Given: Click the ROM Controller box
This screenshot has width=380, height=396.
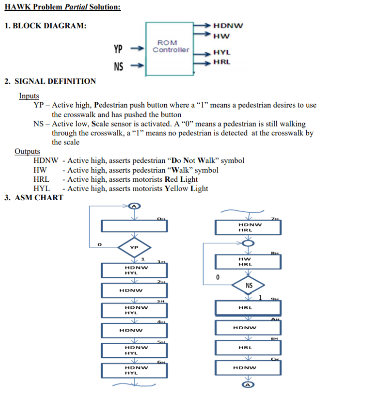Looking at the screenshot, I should (x=171, y=46).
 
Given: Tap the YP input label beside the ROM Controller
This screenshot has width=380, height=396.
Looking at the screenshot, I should (x=118, y=49).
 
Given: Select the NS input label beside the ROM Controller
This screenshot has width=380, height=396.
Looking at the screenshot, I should (x=118, y=66).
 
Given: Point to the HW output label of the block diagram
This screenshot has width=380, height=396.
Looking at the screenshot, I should (x=221, y=35).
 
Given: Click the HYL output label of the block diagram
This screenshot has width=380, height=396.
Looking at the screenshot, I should (x=222, y=52).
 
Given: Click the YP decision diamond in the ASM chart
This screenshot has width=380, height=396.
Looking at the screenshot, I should (x=134, y=247).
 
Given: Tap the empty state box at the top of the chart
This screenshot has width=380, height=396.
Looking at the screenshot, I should (x=134, y=226).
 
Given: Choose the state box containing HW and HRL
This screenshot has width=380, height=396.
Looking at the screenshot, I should (x=248, y=262).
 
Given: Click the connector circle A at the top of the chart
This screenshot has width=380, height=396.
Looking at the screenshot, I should (x=134, y=206).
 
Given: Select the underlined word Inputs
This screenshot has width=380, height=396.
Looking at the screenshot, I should (x=29, y=96).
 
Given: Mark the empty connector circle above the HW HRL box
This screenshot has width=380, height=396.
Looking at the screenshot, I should (x=248, y=243).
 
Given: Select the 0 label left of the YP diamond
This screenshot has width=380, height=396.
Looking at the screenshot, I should (x=100, y=245).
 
